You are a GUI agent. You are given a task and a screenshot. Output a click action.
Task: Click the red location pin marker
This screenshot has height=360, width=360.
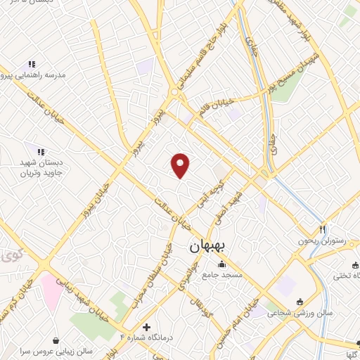(x=181, y=165)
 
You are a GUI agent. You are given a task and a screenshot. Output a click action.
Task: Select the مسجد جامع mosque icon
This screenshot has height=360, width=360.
(x=223, y=264)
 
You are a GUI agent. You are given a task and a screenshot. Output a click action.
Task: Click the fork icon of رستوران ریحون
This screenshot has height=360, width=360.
(x=323, y=229)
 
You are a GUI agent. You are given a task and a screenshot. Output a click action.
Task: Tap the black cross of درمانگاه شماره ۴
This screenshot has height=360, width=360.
(x=146, y=327)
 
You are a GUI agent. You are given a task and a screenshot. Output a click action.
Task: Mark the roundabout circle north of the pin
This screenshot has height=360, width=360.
(x=174, y=92)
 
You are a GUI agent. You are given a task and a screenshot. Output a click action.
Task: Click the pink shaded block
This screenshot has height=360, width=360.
(x=51, y=288)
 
